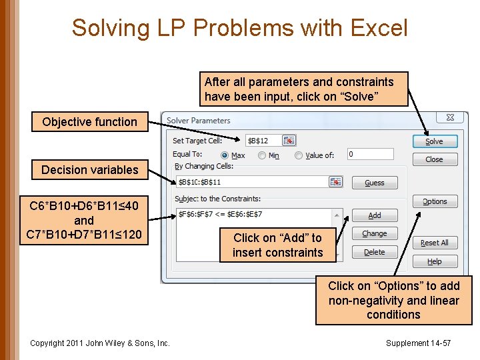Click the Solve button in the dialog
(434, 141)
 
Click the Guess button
(375, 182)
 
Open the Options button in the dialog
(434, 201)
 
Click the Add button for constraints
(375, 215)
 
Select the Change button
(375, 234)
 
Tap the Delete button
(375, 252)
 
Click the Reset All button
(434, 243)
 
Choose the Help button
(434, 261)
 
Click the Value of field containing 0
(370, 154)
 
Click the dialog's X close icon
(450, 118)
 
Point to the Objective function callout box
(89, 122)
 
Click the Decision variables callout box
(89, 170)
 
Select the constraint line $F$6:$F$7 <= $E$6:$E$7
(220, 214)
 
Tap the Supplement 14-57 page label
(418, 343)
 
